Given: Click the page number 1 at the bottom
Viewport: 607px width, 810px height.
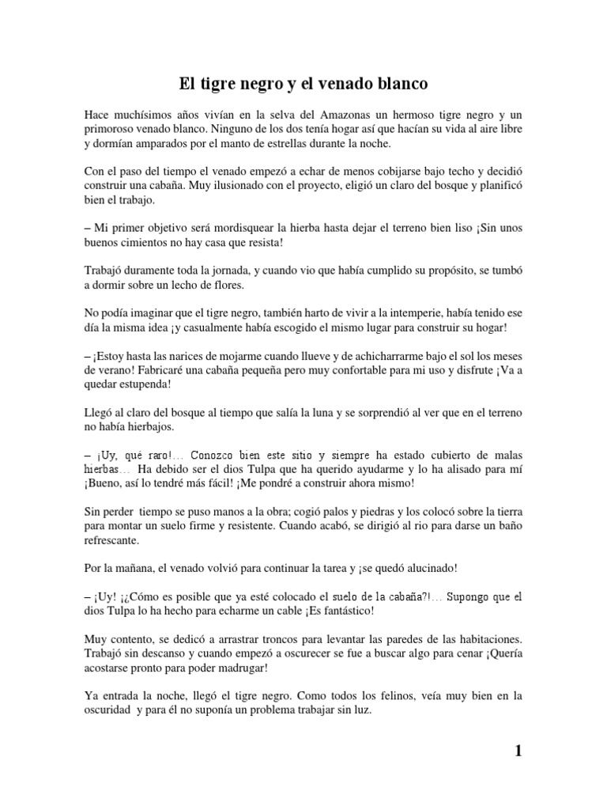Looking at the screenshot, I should tap(518, 751).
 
